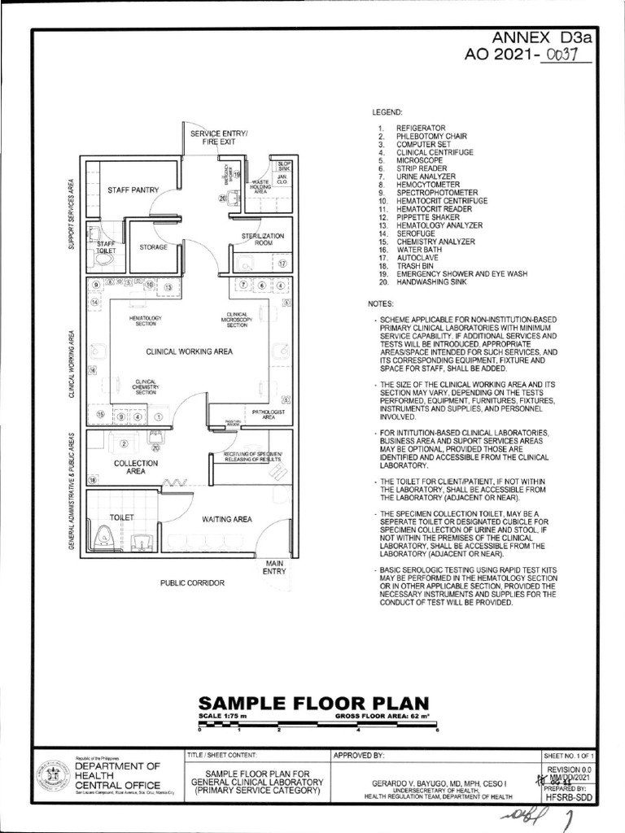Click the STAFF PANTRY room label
click(133, 190)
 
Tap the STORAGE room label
click(153, 246)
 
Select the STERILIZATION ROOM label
click(262, 239)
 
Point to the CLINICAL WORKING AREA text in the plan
click(190, 352)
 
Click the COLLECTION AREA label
click(136, 467)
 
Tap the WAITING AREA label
click(227, 518)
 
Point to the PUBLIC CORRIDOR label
click(192, 583)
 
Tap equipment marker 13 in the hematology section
click(168, 286)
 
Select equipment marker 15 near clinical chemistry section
click(101, 416)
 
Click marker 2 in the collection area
click(124, 443)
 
